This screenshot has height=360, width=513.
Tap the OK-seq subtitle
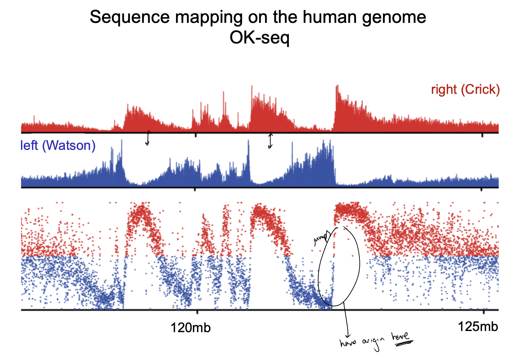[259, 37]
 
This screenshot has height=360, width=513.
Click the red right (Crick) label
[465, 90]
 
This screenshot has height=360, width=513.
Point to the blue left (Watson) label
[58, 145]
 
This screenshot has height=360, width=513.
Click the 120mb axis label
[191, 327]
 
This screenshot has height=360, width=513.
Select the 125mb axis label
[478, 326]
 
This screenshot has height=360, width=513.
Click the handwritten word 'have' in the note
[348, 342]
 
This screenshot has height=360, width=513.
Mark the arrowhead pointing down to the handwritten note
[347, 334]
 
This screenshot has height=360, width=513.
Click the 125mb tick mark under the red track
[483, 135]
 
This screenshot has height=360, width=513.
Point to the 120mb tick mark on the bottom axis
[196, 312]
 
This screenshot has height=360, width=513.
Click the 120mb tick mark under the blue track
[196, 189]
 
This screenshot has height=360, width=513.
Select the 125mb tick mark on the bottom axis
[483, 312]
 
